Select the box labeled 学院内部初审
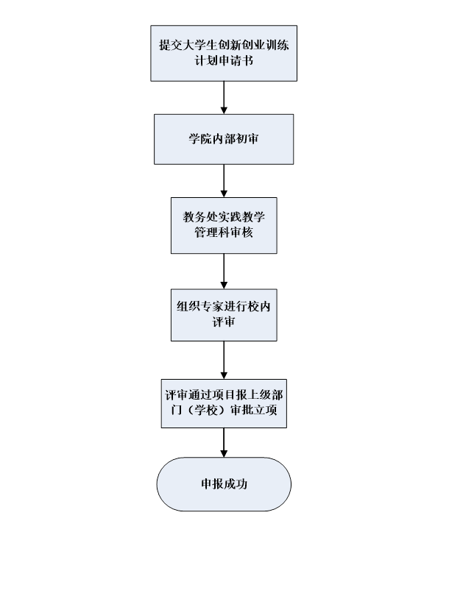click(224, 139)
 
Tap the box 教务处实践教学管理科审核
click(224, 225)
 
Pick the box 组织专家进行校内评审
click(224, 314)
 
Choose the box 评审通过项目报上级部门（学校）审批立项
click(224, 402)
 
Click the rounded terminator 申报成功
click(224, 484)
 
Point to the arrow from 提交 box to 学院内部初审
click(224, 97)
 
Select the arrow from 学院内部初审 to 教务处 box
click(224, 181)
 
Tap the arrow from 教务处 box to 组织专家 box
click(224, 272)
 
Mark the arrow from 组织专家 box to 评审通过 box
click(224, 360)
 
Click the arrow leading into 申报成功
click(224, 443)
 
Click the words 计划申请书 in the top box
click(224, 60)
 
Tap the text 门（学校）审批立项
click(224, 411)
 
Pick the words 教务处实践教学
click(224, 217)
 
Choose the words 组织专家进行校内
click(224, 306)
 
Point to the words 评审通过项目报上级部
click(224, 395)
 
